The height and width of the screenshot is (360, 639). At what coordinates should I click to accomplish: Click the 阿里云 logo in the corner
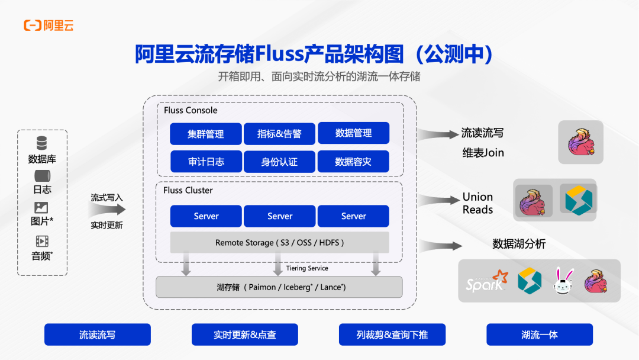click(x=49, y=25)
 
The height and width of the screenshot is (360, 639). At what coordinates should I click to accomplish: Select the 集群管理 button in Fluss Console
click(x=206, y=134)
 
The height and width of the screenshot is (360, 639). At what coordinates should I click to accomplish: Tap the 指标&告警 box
click(x=279, y=134)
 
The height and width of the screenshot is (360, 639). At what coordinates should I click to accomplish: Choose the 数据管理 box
click(x=353, y=133)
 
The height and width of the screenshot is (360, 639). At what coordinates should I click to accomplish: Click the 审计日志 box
click(x=206, y=162)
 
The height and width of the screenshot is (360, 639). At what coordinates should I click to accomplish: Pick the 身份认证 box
click(x=279, y=162)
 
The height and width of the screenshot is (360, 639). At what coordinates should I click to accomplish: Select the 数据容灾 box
click(x=353, y=162)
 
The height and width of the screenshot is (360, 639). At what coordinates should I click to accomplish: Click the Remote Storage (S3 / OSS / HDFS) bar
click(x=279, y=243)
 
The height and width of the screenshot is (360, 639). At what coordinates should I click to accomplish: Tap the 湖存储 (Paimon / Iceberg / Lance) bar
click(x=279, y=287)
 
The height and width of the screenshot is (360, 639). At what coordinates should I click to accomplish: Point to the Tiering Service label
click(x=307, y=268)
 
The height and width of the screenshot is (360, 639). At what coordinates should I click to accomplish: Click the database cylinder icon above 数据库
click(x=41, y=143)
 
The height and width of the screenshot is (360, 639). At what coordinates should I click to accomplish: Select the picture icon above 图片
click(x=41, y=208)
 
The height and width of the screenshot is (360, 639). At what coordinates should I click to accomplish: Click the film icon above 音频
click(x=41, y=241)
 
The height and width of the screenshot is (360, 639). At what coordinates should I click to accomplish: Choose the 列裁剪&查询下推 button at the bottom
click(x=392, y=335)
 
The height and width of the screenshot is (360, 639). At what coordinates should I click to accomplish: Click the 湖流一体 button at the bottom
click(x=539, y=335)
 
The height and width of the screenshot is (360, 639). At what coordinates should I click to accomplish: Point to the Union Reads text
click(x=477, y=203)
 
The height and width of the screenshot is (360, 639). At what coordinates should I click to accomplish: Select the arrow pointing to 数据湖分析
click(x=440, y=245)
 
